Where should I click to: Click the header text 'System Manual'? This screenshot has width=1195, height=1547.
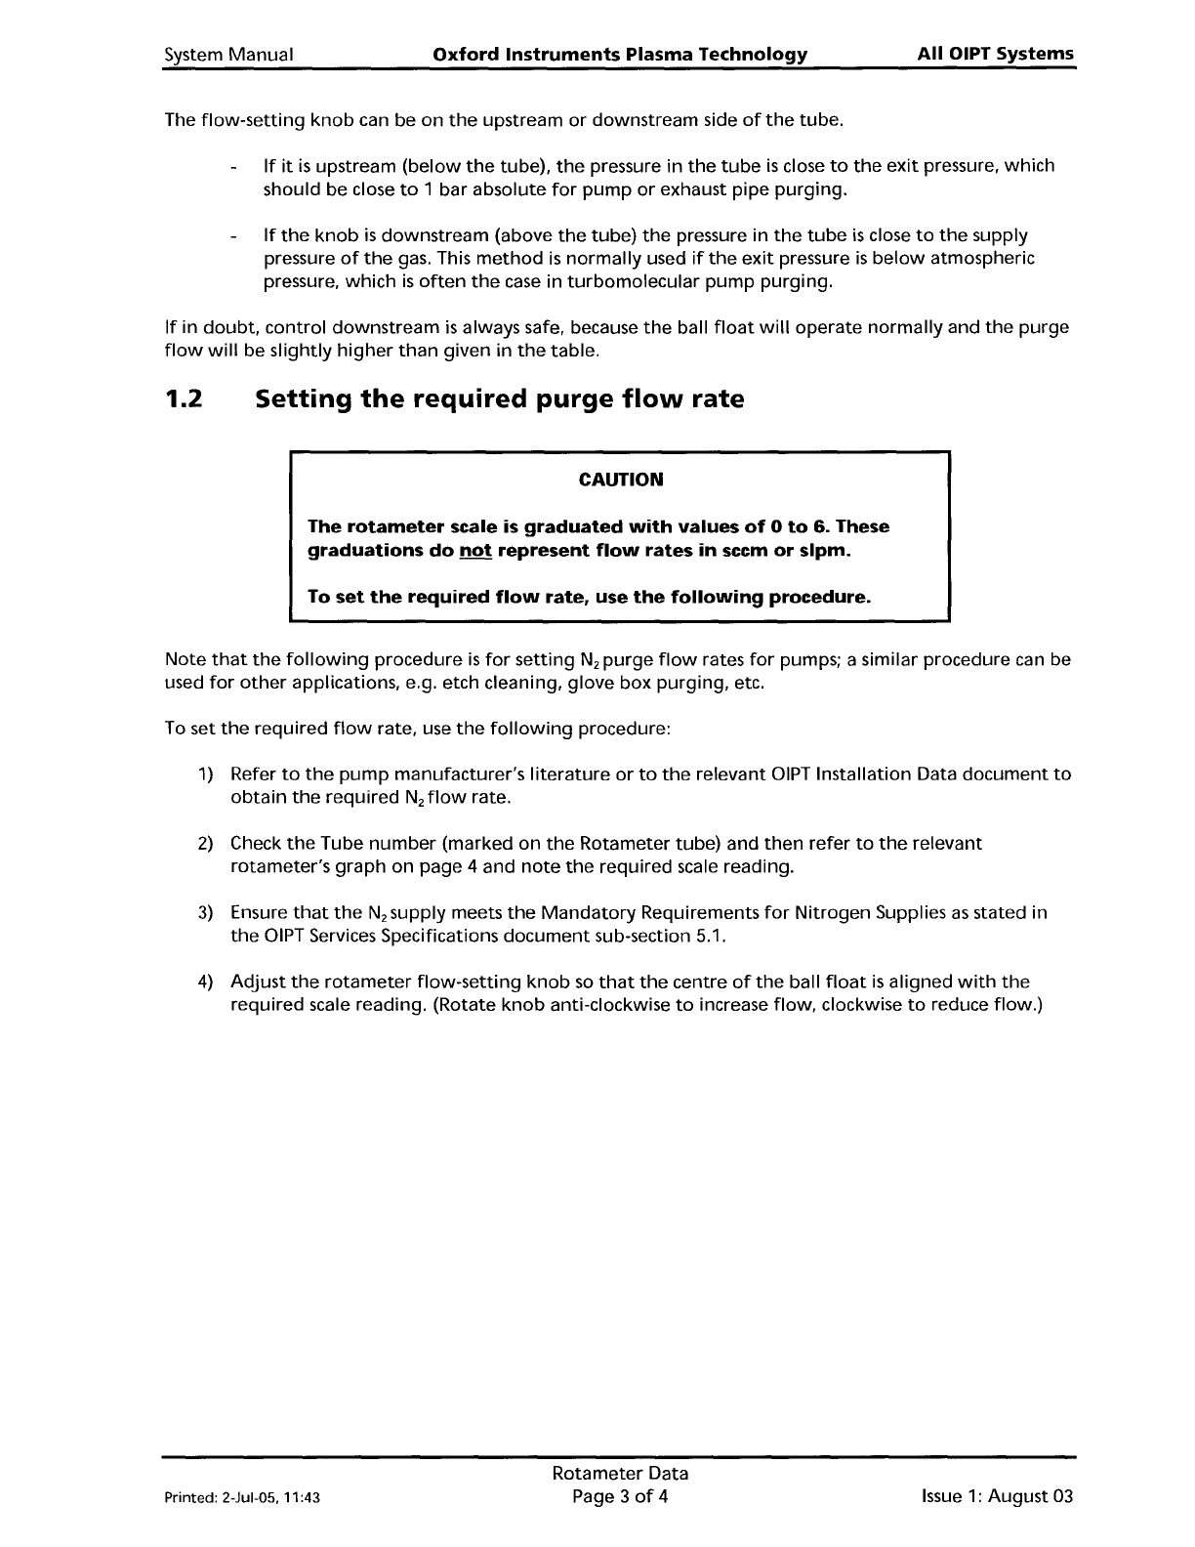click(x=229, y=55)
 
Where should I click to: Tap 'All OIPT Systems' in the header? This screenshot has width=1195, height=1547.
click(x=995, y=54)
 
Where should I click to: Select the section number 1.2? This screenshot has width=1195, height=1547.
click(x=185, y=399)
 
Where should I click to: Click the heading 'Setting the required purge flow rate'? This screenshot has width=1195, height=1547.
click(x=499, y=399)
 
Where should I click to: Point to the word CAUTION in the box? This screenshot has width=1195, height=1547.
click(x=620, y=480)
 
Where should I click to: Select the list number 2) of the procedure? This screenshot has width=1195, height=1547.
click(x=206, y=844)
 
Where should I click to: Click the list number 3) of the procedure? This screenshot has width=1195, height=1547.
click(x=206, y=913)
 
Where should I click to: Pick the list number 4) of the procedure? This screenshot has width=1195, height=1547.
click(x=206, y=983)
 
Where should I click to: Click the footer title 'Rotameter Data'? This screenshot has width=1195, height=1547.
click(x=620, y=1474)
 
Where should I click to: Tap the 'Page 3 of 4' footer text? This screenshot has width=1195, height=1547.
click(x=620, y=1497)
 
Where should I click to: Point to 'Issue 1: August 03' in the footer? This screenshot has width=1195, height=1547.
click(x=996, y=1497)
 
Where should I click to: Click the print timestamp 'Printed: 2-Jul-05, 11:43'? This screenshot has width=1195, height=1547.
click(x=242, y=1498)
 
